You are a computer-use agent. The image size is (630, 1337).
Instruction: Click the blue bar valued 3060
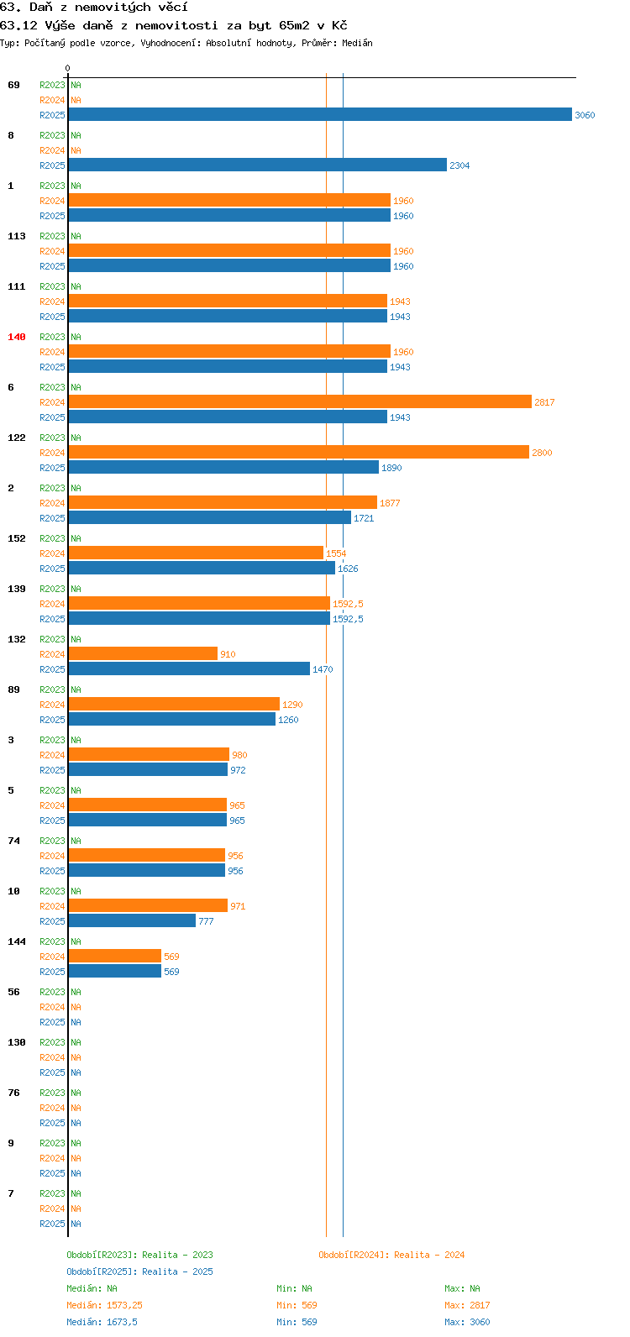click(x=320, y=114)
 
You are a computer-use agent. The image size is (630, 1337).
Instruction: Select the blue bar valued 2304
click(x=257, y=165)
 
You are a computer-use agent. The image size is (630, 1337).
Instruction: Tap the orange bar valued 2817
click(x=300, y=401)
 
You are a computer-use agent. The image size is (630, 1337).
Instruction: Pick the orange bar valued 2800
click(x=298, y=452)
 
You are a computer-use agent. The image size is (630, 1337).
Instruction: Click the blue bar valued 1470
click(x=189, y=669)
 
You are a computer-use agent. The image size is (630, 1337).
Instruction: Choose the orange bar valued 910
click(x=143, y=653)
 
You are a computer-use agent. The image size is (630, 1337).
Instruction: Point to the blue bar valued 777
click(x=132, y=921)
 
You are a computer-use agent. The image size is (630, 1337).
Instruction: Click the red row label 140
click(x=17, y=338)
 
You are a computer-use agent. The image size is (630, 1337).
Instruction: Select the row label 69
click(x=13, y=86)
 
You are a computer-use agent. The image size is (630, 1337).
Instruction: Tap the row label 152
click(x=17, y=538)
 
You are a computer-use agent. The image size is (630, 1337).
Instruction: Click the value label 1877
click(x=390, y=503)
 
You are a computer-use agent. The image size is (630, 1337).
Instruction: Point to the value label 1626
click(x=348, y=569)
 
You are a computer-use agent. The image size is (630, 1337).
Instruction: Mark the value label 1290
click(x=292, y=705)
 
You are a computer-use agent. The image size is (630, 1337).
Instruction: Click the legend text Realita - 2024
click(x=429, y=1255)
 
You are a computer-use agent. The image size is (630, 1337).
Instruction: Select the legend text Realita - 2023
click(x=177, y=1255)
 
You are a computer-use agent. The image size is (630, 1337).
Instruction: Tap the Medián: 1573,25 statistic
click(x=104, y=1305)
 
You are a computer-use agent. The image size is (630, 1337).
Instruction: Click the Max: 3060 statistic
click(x=467, y=1322)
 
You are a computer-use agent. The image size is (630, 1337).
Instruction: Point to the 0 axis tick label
click(x=67, y=68)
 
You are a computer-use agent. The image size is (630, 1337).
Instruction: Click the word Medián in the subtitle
click(x=357, y=43)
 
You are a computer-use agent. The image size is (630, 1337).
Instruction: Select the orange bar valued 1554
click(x=196, y=553)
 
